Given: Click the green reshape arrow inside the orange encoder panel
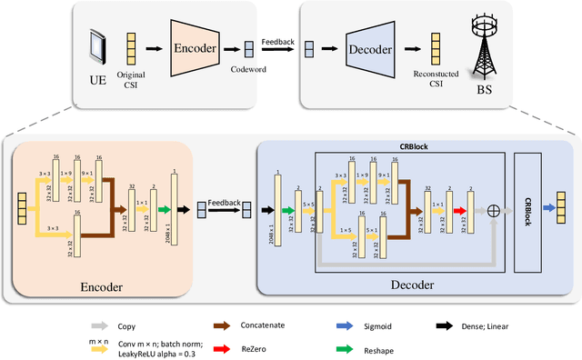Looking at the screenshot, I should [164, 211].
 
